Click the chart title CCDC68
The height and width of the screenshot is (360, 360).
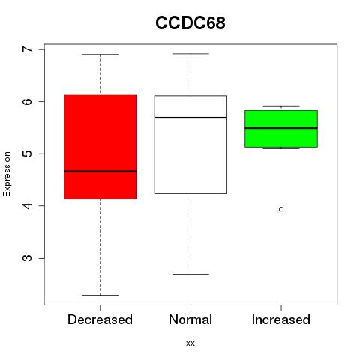190,23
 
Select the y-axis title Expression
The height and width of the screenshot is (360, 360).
7,174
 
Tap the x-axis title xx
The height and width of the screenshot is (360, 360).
190,343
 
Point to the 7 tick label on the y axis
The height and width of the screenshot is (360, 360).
28,49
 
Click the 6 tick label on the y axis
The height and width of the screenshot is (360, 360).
28,101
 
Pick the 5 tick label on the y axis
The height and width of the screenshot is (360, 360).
28,154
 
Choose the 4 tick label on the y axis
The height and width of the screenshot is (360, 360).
28,205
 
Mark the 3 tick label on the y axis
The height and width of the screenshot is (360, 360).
28,258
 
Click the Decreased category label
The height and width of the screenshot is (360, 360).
100,319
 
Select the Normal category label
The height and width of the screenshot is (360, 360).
190,319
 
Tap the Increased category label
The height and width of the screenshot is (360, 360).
281,319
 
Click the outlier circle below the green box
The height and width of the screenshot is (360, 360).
281,209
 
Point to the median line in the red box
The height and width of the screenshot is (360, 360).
100,172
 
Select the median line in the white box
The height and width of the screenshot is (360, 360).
190,118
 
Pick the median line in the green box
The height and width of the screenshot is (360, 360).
281,128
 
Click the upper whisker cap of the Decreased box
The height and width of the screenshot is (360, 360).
100,54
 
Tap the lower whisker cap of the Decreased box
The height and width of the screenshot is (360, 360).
100,295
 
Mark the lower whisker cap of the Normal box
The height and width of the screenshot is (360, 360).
190,274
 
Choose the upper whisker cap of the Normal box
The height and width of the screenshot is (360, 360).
190,54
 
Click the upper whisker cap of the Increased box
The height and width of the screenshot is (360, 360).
281,106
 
